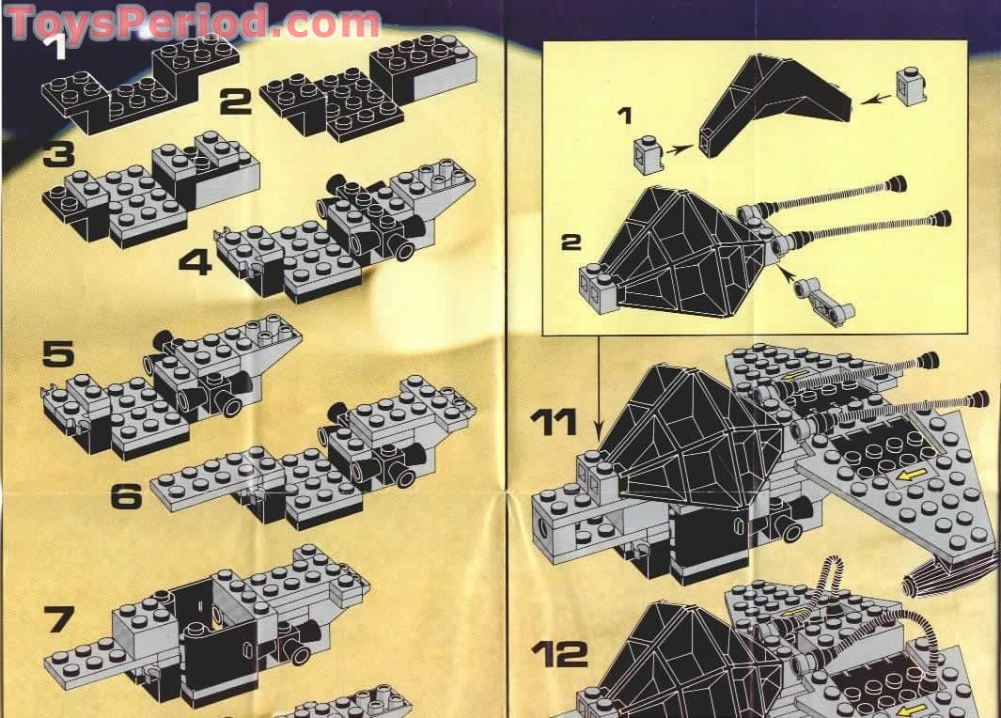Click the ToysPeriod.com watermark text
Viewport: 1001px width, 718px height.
(193, 23)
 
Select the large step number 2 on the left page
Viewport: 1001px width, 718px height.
(236, 100)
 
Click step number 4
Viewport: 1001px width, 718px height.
(196, 261)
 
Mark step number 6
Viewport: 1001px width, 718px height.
(127, 495)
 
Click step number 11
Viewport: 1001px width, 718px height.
(554, 422)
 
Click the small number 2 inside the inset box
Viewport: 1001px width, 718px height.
(570, 242)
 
